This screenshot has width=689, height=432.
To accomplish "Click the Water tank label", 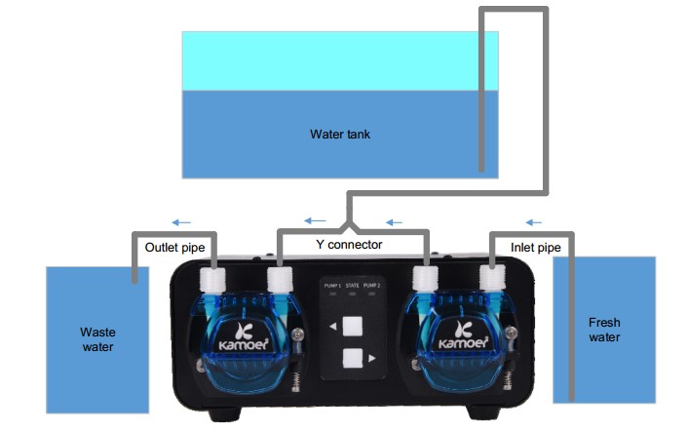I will pyautogui.click(x=339, y=135).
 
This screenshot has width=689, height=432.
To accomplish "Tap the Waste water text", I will pyautogui.click(x=97, y=339).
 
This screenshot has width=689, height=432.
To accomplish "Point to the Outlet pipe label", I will pyautogui.click(x=174, y=248).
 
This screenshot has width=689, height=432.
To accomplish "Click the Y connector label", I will pyautogui.click(x=352, y=245).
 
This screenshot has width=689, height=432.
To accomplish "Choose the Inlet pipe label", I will pyautogui.click(x=535, y=248).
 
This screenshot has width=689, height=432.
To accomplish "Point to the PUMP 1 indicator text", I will pyautogui.click(x=333, y=285).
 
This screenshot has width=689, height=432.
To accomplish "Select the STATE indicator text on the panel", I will pyautogui.click(x=353, y=285).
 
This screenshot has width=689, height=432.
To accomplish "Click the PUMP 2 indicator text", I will pyautogui.click(x=371, y=285).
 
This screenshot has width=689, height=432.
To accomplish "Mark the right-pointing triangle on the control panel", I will pyautogui.click(x=372, y=359).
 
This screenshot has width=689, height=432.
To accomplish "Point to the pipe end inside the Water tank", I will pyautogui.click(x=481, y=168).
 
